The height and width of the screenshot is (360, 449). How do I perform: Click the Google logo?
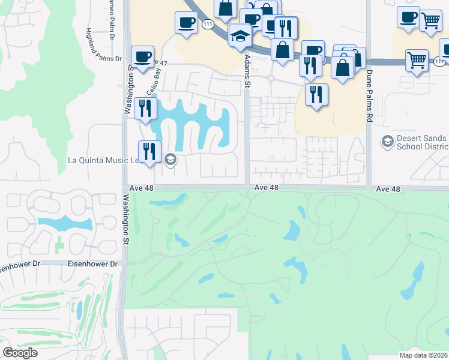tap(20, 352)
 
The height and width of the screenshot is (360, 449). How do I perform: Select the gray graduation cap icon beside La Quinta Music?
tap(169, 159)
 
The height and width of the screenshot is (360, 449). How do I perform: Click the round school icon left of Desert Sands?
tap(387, 142)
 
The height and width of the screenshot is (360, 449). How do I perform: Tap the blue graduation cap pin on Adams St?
tap(240, 36)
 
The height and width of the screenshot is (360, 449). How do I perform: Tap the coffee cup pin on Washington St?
tap(142, 57)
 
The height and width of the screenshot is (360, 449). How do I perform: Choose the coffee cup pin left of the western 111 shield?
tap(185, 23)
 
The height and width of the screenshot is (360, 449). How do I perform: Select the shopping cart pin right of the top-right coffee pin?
tap(430, 22)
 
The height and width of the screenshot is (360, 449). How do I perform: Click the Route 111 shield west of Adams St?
tap(208, 24)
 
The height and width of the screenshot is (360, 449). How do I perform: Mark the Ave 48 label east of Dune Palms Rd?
tap(388, 188)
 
